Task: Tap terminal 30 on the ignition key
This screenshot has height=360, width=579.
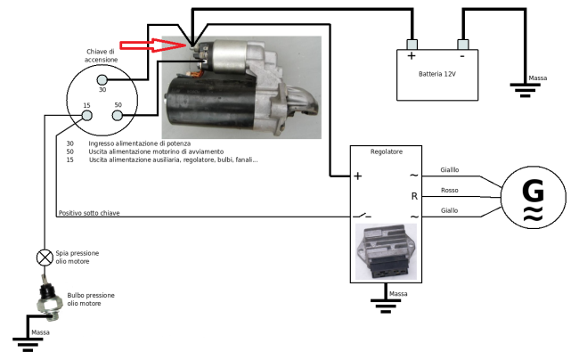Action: pos(102,80)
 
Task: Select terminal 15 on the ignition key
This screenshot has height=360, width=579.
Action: pos(86,113)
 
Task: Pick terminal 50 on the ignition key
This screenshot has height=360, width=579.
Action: pos(118,113)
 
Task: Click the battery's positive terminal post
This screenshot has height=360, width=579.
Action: pos(412,45)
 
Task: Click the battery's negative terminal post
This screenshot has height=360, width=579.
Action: pos(461,45)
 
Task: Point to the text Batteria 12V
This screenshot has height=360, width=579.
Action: pos(436,73)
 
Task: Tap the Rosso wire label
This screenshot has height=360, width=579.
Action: pos(450,190)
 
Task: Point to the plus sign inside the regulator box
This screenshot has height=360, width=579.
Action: pos(358,176)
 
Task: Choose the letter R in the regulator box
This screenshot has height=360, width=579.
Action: pos(414,195)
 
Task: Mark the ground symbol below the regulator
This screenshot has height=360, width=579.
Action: pos(385,305)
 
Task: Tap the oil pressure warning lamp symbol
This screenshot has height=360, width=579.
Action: pos(44,258)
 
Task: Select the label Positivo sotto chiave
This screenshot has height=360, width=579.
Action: pos(88,213)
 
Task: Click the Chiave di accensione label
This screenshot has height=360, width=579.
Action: pos(101,55)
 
